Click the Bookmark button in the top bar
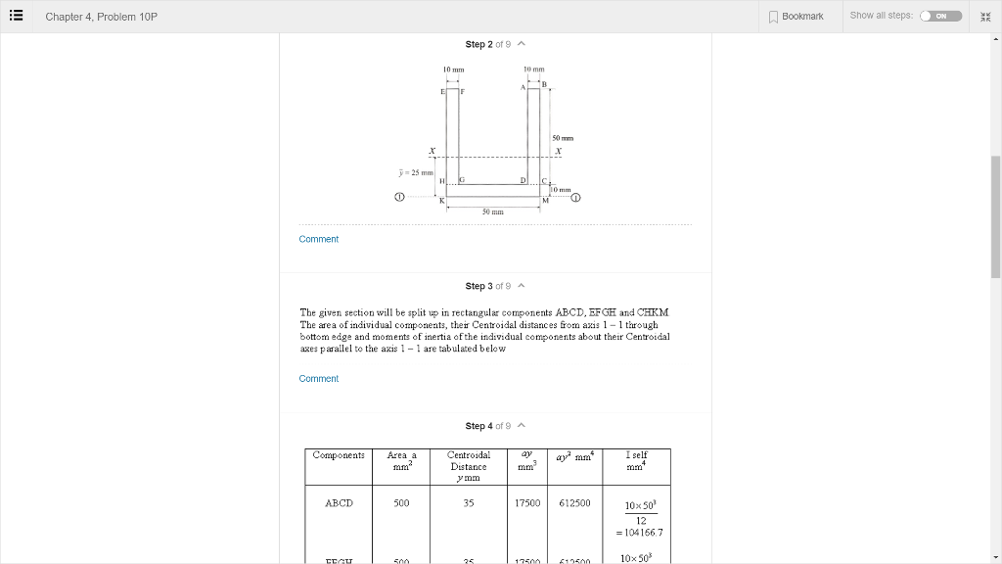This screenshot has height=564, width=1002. point(797,16)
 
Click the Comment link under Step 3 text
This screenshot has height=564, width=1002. point(318,379)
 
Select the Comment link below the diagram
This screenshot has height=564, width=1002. point(318,239)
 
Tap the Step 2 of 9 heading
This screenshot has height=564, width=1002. point(495,44)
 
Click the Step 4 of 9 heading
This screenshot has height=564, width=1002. point(495,426)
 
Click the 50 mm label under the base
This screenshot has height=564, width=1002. point(493,211)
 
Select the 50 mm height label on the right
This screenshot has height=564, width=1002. point(565,138)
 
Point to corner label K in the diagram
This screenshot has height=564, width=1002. point(441,201)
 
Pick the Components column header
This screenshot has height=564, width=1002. point(339,455)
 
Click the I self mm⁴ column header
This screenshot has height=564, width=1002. point(636,460)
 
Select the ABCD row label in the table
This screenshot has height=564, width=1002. point(339,503)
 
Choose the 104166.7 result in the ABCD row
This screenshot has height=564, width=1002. point(641,533)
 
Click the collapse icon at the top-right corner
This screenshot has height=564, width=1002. point(985,16)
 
